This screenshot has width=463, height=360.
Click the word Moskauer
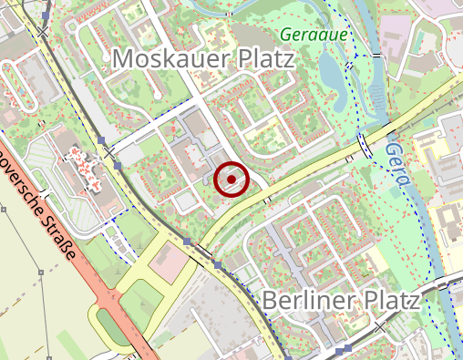click(x=168, y=60)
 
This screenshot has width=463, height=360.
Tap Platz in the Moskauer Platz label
click(x=263, y=60)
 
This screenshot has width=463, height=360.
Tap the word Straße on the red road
click(x=57, y=236)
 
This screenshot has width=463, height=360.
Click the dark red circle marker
click(x=231, y=180)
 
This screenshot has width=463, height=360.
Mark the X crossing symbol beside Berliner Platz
click(x=378, y=324)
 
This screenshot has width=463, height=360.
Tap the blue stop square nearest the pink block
click(x=187, y=242)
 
